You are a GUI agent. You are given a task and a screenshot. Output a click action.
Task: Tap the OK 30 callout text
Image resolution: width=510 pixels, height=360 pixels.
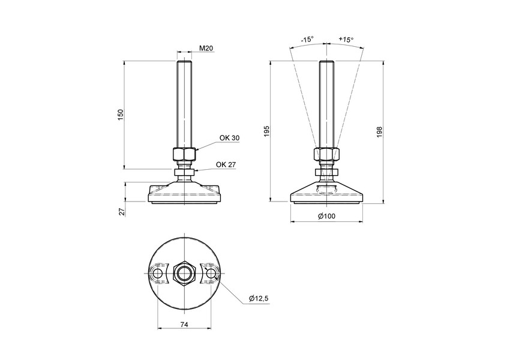click(x=229, y=138)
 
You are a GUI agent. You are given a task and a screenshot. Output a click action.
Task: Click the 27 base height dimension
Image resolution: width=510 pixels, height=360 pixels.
click(x=121, y=211)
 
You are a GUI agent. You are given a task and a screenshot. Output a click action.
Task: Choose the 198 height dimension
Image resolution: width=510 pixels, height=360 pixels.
click(x=379, y=132)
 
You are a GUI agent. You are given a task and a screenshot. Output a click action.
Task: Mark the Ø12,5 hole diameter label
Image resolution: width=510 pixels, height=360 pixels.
click(x=259, y=298)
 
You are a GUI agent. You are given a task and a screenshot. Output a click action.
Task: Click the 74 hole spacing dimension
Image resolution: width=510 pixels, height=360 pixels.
click(x=184, y=324)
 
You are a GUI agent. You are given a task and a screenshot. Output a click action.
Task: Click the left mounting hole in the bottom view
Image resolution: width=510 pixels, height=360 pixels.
click(x=158, y=274)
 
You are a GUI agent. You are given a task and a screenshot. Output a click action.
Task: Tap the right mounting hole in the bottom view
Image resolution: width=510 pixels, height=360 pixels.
click(x=211, y=274)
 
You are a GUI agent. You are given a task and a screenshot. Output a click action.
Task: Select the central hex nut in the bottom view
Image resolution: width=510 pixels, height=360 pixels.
click(x=184, y=274)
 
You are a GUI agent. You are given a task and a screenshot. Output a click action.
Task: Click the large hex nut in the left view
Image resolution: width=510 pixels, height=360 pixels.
click(x=184, y=154)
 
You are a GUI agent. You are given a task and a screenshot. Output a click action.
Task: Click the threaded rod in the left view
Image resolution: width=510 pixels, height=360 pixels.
click(x=184, y=102)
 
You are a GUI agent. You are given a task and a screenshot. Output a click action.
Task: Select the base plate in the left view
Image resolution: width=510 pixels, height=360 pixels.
click(x=184, y=194)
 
